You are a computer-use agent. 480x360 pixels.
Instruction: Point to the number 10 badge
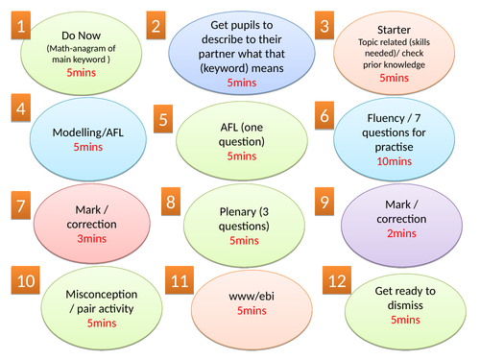pyautogui.click(x=27, y=283)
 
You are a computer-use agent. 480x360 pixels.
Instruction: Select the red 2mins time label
pyautogui.click(x=408, y=232)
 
